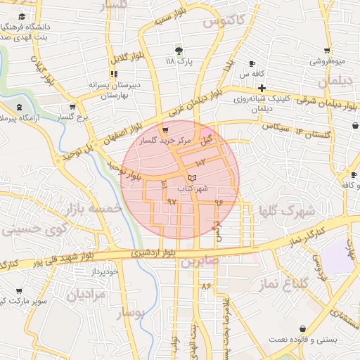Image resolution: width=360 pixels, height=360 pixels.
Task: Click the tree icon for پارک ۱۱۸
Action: (179, 51)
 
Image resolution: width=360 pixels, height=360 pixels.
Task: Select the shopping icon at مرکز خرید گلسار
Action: (165, 130)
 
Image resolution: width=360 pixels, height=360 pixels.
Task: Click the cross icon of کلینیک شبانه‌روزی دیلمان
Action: (262, 88)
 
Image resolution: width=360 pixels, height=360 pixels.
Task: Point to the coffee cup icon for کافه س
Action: (252, 63)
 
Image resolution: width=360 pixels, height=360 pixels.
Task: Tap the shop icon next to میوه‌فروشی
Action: (327, 51)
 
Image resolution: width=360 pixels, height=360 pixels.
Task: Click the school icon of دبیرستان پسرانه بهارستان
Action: (113, 74)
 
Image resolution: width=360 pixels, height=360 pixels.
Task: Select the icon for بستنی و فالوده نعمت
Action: (303, 328)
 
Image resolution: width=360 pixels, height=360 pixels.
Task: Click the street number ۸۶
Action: (206, 287)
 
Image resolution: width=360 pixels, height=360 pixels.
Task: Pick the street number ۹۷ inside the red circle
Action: (171, 202)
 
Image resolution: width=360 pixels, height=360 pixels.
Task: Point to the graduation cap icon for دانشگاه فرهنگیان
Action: (22, 16)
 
